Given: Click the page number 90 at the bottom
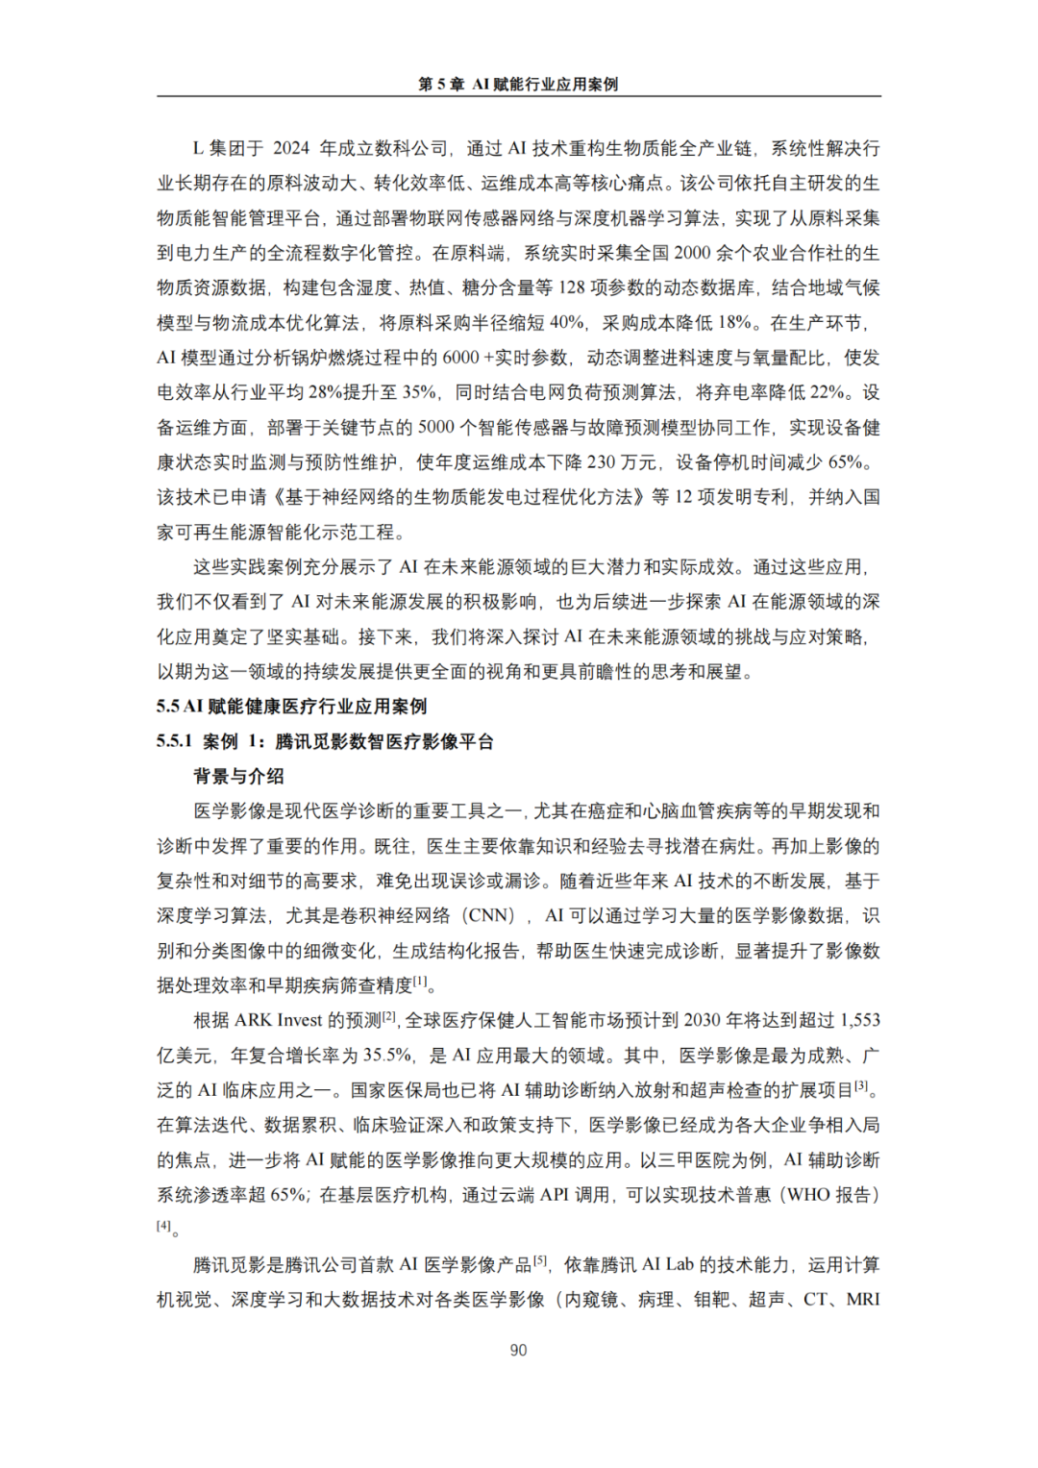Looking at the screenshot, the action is point(518,1350).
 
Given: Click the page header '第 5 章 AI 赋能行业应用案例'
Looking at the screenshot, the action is point(518,85).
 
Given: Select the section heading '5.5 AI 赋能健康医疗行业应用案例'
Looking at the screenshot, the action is point(291,707).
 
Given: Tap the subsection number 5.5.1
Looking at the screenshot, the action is point(174,741).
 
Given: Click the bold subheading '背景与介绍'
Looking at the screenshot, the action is point(238,776).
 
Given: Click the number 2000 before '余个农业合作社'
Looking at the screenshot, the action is point(692,253).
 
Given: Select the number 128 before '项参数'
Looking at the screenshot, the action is point(572,287).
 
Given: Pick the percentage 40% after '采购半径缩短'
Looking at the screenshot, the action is point(566,323).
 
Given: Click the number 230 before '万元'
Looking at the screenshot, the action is point(601,462).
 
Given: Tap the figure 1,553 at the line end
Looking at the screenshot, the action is point(859,1020).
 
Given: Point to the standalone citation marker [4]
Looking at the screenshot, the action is point(164,1226).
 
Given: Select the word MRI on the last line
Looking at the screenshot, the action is point(862,1300).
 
